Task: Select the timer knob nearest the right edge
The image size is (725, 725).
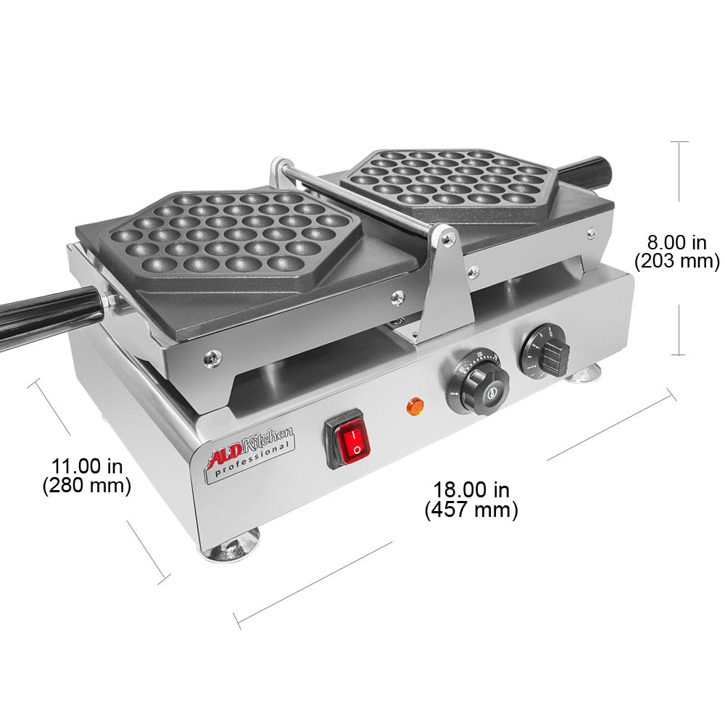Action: [x=546, y=349]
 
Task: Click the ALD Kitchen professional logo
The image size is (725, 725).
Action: [x=251, y=453]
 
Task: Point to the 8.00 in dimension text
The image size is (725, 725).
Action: [x=676, y=241]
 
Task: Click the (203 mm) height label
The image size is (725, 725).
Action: [x=676, y=261]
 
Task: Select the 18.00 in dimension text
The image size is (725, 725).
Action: [x=471, y=490]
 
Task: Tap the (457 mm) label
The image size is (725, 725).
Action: [x=471, y=510]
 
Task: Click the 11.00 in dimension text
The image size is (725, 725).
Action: [x=86, y=465]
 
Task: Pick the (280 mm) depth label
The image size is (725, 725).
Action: [x=86, y=486]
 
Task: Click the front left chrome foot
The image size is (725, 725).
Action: [x=231, y=546]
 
